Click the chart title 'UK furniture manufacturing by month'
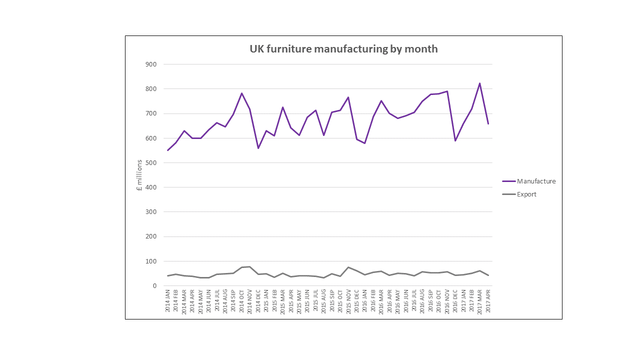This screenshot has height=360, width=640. [x=343, y=49]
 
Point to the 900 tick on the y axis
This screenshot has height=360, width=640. [x=150, y=64]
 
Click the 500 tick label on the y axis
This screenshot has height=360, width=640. [x=150, y=162]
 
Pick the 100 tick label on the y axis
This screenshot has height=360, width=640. [x=150, y=261]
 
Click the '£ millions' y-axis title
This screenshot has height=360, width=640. [x=139, y=175]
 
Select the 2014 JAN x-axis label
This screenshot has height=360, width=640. [x=168, y=300]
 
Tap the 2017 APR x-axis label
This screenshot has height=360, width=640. [x=488, y=300]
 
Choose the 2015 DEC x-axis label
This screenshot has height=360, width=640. [x=356, y=300]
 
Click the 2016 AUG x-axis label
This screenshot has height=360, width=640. [x=422, y=300]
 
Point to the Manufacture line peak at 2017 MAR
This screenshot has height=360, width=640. [x=480, y=83]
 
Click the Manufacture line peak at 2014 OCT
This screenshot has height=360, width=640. [x=241, y=93]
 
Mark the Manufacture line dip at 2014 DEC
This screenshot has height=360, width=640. [x=258, y=148]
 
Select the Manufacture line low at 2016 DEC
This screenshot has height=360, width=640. [x=455, y=140]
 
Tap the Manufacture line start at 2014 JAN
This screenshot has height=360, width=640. [x=168, y=150]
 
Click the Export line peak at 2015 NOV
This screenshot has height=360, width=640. [x=348, y=267]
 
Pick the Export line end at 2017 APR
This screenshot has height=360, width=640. [x=488, y=275]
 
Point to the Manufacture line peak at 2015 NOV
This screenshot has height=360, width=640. [x=348, y=97]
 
